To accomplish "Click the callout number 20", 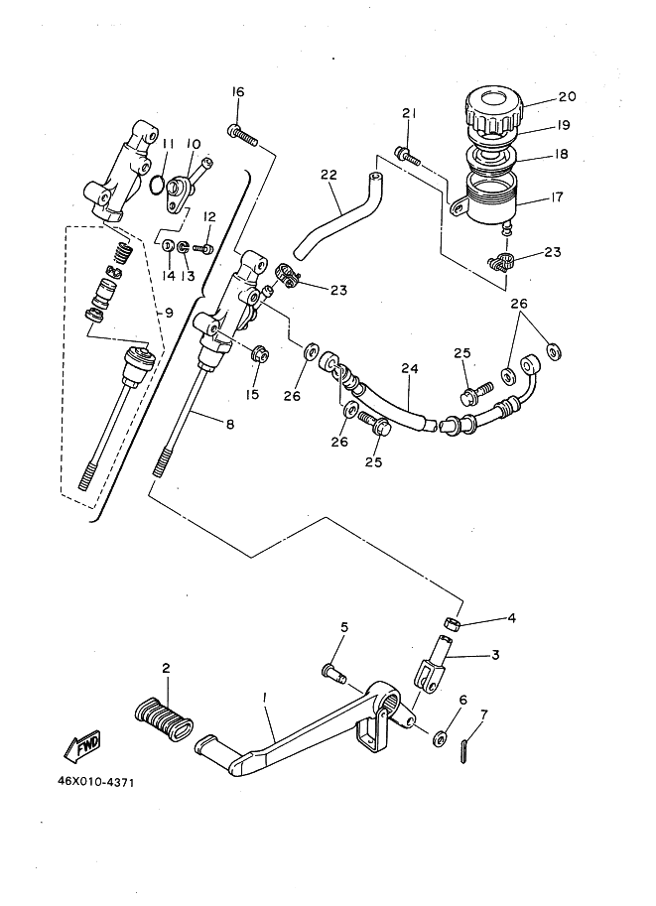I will (x=567, y=97).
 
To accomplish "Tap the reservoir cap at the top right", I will (x=493, y=112).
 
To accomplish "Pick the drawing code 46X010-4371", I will (x=95, y=781).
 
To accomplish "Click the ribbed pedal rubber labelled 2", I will (x=165, y=714).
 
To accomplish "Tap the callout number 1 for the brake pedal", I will (x=266, y=699).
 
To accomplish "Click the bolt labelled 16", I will (x=244, y=134).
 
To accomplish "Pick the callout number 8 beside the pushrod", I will (x=229, y=424).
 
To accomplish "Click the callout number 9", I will (x=169, y=313).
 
